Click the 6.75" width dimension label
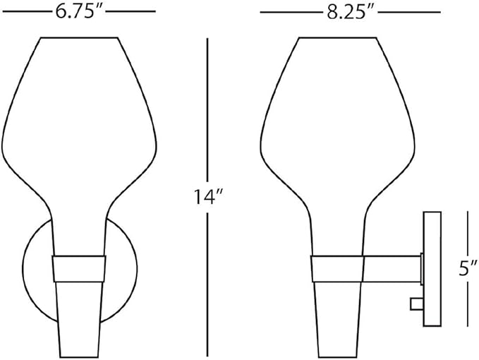click(79, 11)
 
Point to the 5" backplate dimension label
click(466, 269)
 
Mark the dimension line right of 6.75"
click(131, 12)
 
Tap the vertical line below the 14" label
click(207, 282)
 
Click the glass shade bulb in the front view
click(79, 113)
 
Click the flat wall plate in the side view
click(432, 268)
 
